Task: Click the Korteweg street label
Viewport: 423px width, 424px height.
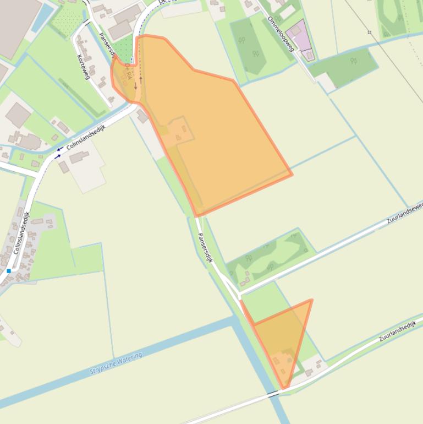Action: point(84,66)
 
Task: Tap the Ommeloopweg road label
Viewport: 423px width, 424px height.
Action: point(280,34)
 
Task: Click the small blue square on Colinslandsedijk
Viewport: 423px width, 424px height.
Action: point(9,271)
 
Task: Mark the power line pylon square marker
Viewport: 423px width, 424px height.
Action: point(370,32)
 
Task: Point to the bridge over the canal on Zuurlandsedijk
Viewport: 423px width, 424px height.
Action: point(273,393)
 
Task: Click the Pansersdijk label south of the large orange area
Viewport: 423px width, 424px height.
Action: point(205,247)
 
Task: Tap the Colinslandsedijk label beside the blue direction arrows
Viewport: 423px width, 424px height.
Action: point(85,137)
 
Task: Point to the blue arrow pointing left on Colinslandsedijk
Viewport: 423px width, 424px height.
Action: point(59,149)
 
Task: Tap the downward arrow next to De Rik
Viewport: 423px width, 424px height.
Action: point(135,86)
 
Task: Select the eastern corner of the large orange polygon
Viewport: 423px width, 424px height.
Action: point(292,175)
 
